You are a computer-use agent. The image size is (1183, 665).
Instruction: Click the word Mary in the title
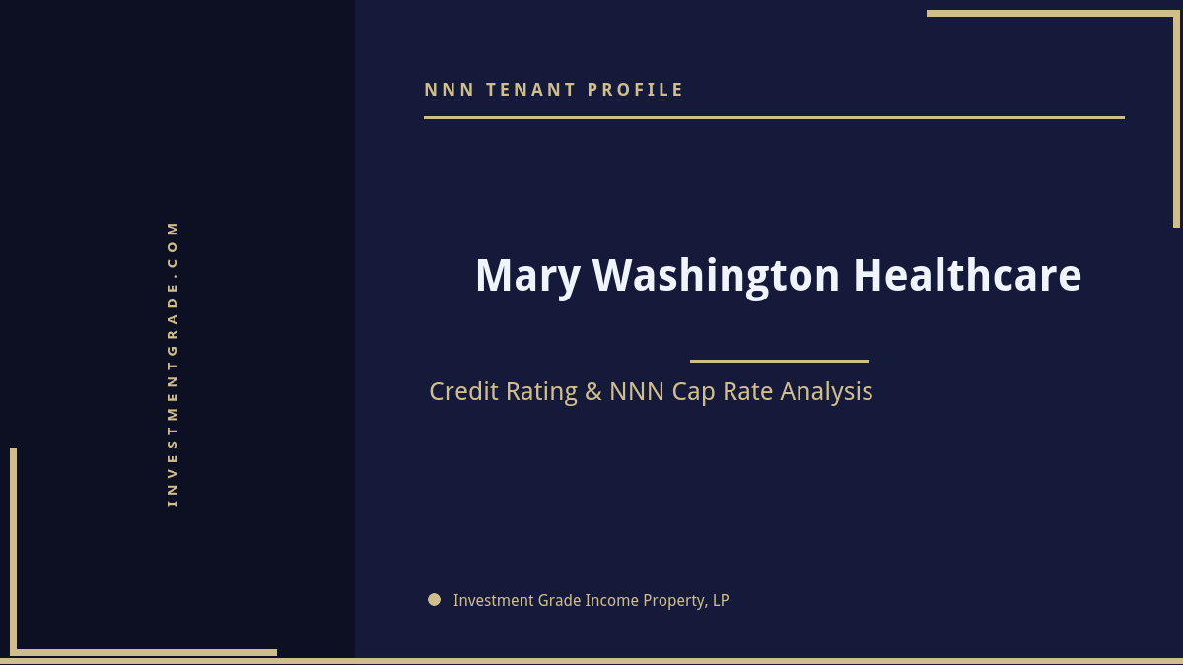tap(527, 276)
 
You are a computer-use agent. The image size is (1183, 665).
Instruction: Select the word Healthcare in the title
tap(967, 276)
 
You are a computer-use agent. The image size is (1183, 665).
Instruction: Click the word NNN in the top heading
tap(450, 90)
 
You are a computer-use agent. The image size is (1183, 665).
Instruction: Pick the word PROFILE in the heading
tap(636, 90)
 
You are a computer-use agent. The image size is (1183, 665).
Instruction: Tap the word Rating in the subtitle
tap(541, 392)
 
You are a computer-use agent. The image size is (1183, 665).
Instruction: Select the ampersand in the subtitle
tap(592, 392)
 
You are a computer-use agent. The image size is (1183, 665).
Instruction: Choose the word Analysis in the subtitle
tap(826, 392)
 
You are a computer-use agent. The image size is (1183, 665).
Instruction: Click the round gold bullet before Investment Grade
tap(434, 599)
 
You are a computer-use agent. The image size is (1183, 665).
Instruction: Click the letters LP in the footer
tap(721, 600)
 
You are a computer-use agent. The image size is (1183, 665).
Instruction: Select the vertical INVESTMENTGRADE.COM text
tap(173, 364)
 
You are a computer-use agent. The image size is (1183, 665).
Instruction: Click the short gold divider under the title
tap(779, 361)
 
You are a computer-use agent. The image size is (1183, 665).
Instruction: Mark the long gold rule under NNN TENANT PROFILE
tap(774, 117)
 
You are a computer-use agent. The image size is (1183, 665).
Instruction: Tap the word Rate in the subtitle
tap(749, 392)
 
